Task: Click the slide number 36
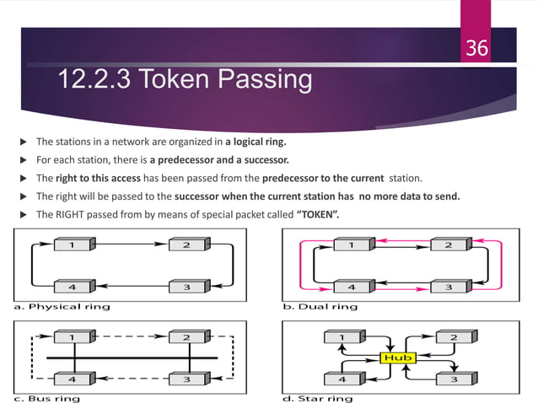477,48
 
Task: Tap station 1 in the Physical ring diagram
73,244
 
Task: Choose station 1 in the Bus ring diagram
73,338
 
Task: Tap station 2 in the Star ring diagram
455,338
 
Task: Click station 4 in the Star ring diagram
340,379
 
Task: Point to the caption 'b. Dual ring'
320,307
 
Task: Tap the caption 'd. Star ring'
318,398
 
